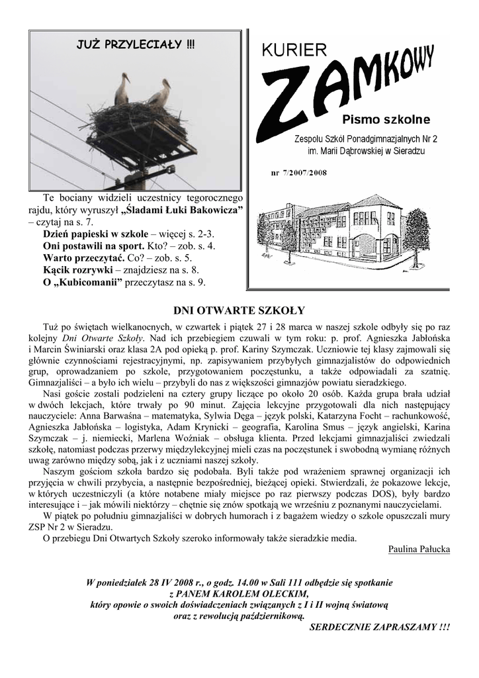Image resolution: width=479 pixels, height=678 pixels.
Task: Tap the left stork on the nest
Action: coord(122,89)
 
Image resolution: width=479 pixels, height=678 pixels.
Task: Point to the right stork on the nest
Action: coord(159,93)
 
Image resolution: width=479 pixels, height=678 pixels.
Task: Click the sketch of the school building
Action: coord(344,232)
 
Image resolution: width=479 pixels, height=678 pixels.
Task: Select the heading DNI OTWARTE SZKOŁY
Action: coord(239,309)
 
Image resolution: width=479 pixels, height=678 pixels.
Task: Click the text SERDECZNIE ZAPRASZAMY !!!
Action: coord(379,626)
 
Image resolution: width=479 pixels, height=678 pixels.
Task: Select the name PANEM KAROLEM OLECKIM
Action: coord(239,594)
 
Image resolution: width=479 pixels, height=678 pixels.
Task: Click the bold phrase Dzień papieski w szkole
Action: coord(96,234)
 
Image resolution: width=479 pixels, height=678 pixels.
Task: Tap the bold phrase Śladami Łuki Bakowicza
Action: coord(183,211)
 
